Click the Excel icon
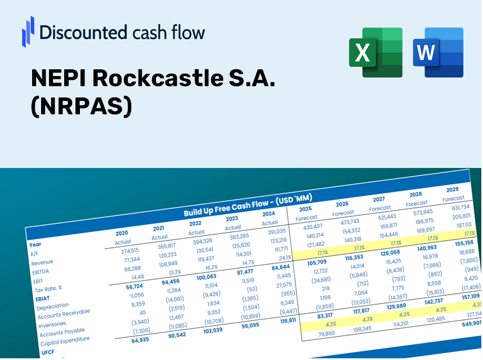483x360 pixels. (x=375, y=52)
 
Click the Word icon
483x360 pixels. (x=438, y=52)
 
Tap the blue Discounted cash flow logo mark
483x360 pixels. (x=28, y=31)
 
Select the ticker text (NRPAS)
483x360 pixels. (x=81, y=106)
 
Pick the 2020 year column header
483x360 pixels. (x=122, y=233)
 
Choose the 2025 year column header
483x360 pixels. (x=306, y=208)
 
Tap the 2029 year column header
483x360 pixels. (x=452, y=189)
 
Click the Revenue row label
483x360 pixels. (x=42, y=263)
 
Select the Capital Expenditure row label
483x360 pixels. (x=65, y=340)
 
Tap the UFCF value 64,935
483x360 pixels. (x=132, y=340)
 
